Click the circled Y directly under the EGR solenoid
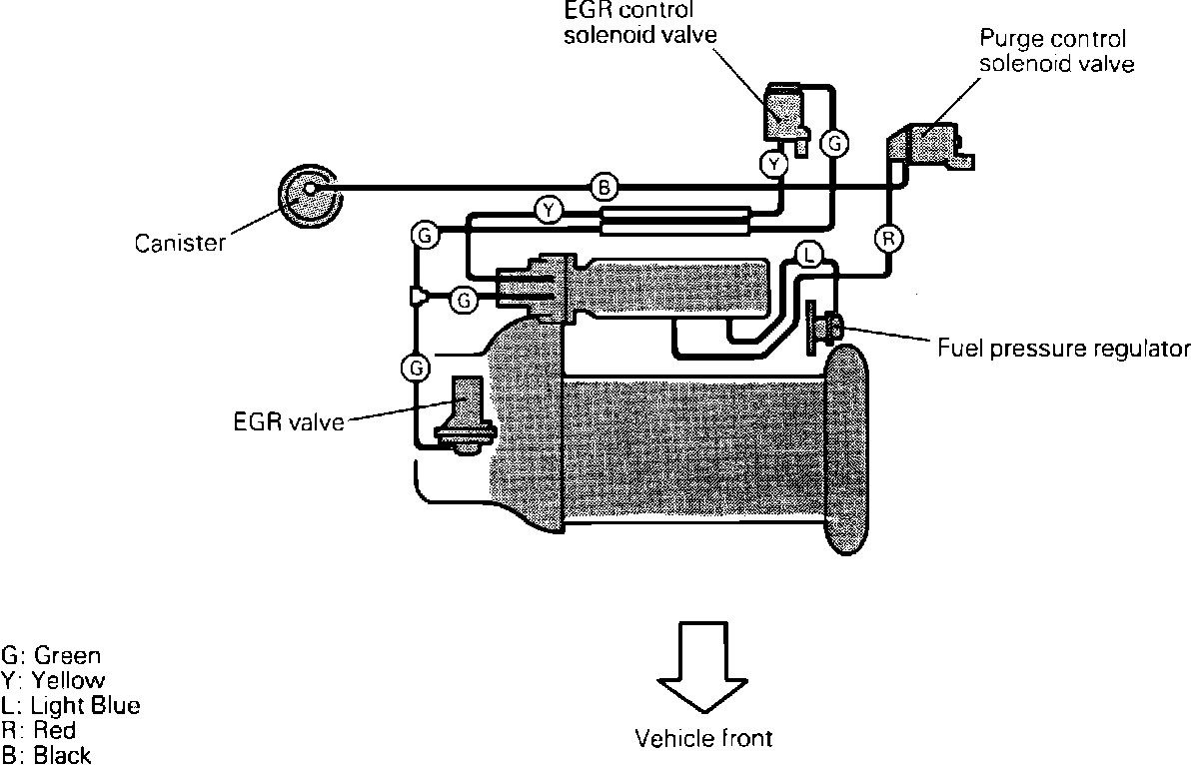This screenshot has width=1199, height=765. (x=774, y=163)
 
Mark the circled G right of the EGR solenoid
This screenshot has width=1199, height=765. (x=833, y=145)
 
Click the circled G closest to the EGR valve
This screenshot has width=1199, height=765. (x=414, y=369)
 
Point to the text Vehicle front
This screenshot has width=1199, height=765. (x=704, y=739)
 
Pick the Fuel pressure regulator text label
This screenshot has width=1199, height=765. (x=1064, y=349)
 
